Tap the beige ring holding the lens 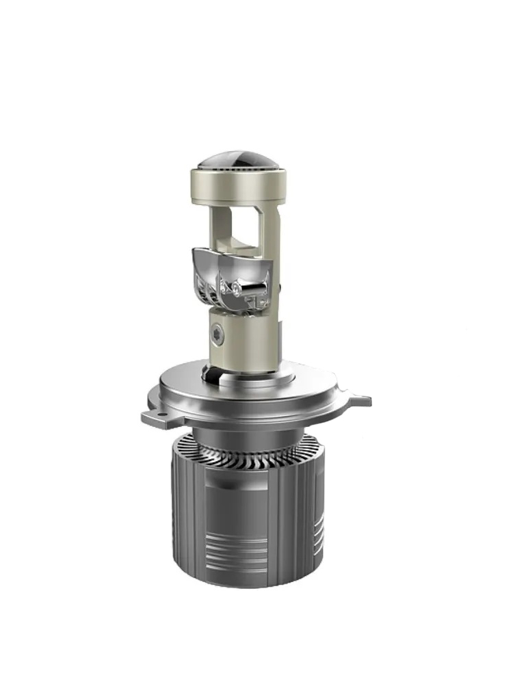point(238,185)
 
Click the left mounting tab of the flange point(156,415)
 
